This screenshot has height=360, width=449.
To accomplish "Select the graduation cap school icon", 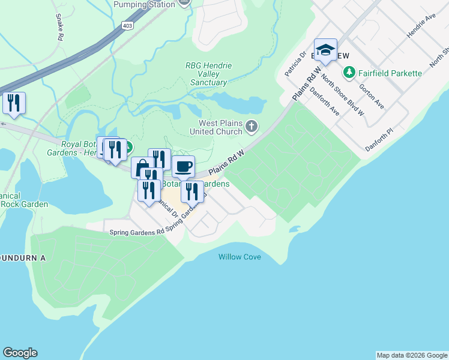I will click(325, 51).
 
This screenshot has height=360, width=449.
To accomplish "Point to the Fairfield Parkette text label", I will click(390, 73).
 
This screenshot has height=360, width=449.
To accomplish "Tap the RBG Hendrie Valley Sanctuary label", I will click(208, 74).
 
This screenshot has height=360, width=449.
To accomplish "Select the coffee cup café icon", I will click(183, 166).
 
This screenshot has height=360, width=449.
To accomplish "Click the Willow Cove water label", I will click(240, 257).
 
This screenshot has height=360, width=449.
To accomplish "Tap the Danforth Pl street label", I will click(378, 140).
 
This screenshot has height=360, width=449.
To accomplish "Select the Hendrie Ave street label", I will click(421, 27).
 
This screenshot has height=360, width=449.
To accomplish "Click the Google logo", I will click(20, 353).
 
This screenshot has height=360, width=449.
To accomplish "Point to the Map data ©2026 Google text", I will click(412, 355).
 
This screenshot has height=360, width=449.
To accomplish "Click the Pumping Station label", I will click(145, 4).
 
